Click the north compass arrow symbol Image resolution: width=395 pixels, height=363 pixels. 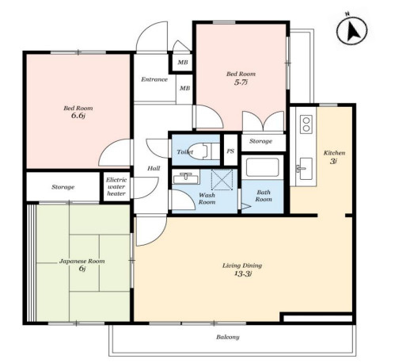pos(351,30)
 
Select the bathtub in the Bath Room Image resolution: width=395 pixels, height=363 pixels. pos(262,167)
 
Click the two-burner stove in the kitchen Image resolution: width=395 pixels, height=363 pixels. pos(306,124)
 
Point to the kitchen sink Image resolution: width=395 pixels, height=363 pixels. pos(306,169)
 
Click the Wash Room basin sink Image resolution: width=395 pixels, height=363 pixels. pos(186,178)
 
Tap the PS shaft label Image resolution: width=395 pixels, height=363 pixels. pos(230,151)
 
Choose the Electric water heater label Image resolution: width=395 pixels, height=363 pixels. pos(116,186)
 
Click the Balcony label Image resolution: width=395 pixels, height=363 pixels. pos(228,337)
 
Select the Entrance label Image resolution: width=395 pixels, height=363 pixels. pos(154,79)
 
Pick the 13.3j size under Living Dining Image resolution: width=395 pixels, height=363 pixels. pos(242,273)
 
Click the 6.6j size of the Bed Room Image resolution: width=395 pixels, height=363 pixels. pos(78,116)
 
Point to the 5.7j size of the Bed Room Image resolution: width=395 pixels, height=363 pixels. pos(241,82)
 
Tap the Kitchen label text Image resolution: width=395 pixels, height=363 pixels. pos(334,153)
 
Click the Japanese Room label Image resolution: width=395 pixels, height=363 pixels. pos(82,261)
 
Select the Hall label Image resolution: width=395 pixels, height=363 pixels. pos(154,168)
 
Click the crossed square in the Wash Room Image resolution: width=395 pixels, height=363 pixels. pos(222,179)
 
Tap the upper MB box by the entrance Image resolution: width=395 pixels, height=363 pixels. pos(183,63)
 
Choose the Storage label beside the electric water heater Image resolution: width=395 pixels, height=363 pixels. pos(63,187)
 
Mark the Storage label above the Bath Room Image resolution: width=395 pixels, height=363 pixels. pos(260,141)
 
